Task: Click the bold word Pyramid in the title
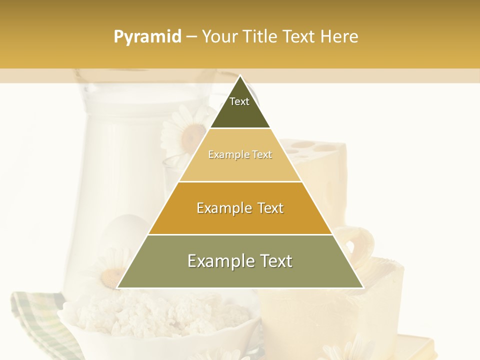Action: pyautogui.click(x=147, y=36)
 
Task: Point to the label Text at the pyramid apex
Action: pyautogui.click(x=239, y=101)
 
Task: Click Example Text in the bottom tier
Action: pyautogui.click(x=240, y=261)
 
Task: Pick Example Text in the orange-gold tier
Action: pyautogui.click(x=240, y=208)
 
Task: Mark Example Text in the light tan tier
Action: pyautogui.click(x=240, y=154)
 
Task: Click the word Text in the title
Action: pyautogui.click(x=299, y=36)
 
